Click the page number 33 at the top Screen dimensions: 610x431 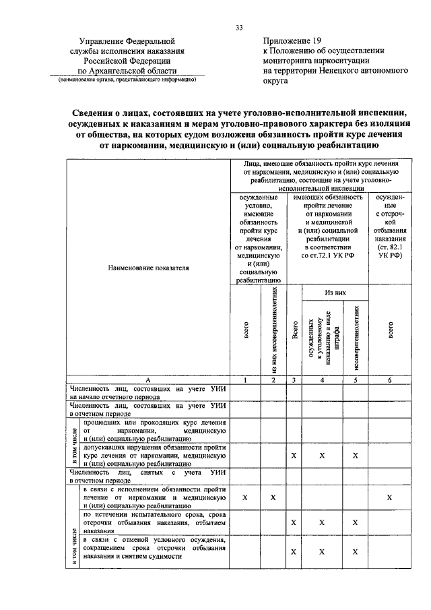(x=239, y=28)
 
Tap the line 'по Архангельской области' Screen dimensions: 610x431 (x=127, y=70)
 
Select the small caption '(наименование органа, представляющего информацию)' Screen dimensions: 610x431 (x=127, y=79)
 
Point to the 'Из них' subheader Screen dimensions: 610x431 (x=335, y=293)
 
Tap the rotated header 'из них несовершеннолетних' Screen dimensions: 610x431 (x=273, y=331)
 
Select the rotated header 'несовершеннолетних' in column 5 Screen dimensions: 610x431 (x=356, y=338)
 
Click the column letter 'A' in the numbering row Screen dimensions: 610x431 (x=147, y=380)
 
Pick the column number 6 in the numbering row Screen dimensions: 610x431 (x=391, y=380)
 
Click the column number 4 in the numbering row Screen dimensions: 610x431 (x=322, y=380)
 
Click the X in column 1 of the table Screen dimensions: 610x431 (x=244, y=497)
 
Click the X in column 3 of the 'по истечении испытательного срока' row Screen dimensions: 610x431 (x=294, y=522)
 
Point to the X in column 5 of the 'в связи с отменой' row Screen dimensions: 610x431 (x=355, y=552)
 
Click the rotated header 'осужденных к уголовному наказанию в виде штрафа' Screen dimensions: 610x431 (x=322, y=338)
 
